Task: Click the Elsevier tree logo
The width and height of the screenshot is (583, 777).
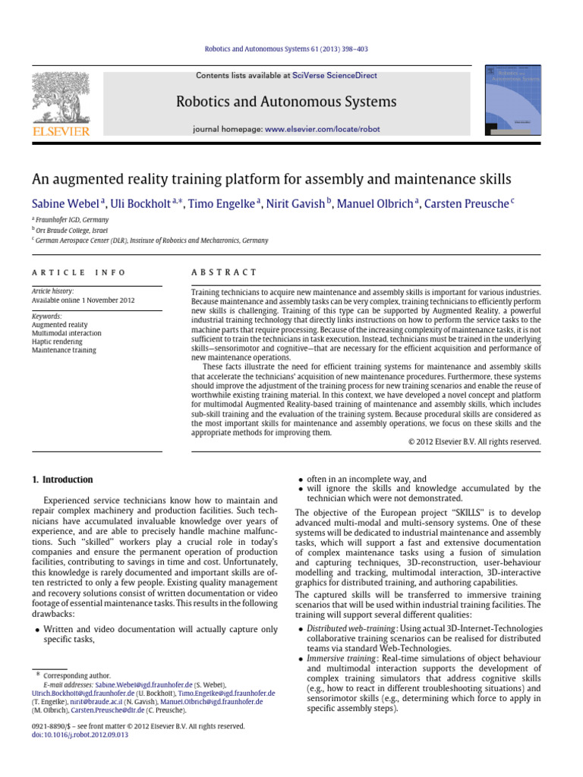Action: (60, 99)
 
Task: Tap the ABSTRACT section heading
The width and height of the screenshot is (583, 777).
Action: (224, 272)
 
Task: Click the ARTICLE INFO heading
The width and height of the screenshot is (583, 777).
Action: (78, 272)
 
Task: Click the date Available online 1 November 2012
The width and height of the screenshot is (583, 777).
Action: (83, 300)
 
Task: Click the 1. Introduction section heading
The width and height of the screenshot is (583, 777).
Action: (62, 480)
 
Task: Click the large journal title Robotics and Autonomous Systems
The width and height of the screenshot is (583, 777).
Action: (285, 102)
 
